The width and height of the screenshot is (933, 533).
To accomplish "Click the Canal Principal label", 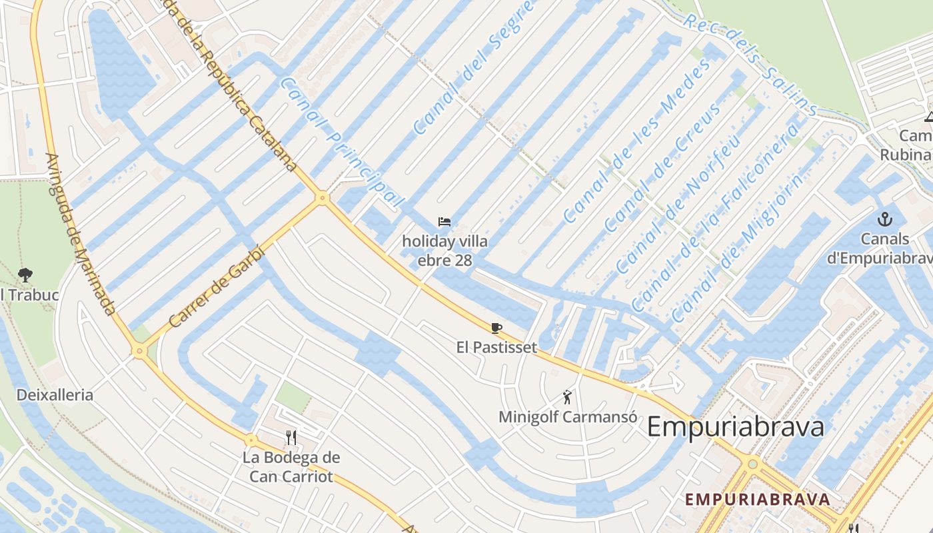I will click(x=342, y=142).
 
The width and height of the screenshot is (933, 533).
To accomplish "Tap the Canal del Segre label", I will click(x=474, y=67).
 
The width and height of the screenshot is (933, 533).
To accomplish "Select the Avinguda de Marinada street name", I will click(x=80, y=233).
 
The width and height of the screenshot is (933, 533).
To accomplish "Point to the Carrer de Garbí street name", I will click(x=217, y=287).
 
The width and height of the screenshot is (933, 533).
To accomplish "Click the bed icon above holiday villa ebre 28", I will click(x=445, y=222).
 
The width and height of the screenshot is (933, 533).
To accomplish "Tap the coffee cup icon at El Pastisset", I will click(x=496, y=327).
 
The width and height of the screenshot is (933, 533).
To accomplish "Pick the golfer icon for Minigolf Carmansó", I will click(x=567, y=398).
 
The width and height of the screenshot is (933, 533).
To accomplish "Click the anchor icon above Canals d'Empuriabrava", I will click(x=884, y=219).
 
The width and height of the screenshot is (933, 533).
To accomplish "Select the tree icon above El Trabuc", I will click(x=25, y=274).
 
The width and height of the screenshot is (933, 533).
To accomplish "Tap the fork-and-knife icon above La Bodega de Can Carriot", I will click(x=291, y=438).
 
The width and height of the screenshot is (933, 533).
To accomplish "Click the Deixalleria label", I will click(x=55, y=395).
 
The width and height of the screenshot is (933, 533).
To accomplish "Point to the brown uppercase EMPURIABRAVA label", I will click(x=758, y=499).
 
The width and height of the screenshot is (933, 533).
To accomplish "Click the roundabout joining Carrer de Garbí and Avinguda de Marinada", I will click(x=139, y=350).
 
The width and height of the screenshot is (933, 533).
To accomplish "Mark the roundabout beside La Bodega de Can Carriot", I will click(x=251, y=440).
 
